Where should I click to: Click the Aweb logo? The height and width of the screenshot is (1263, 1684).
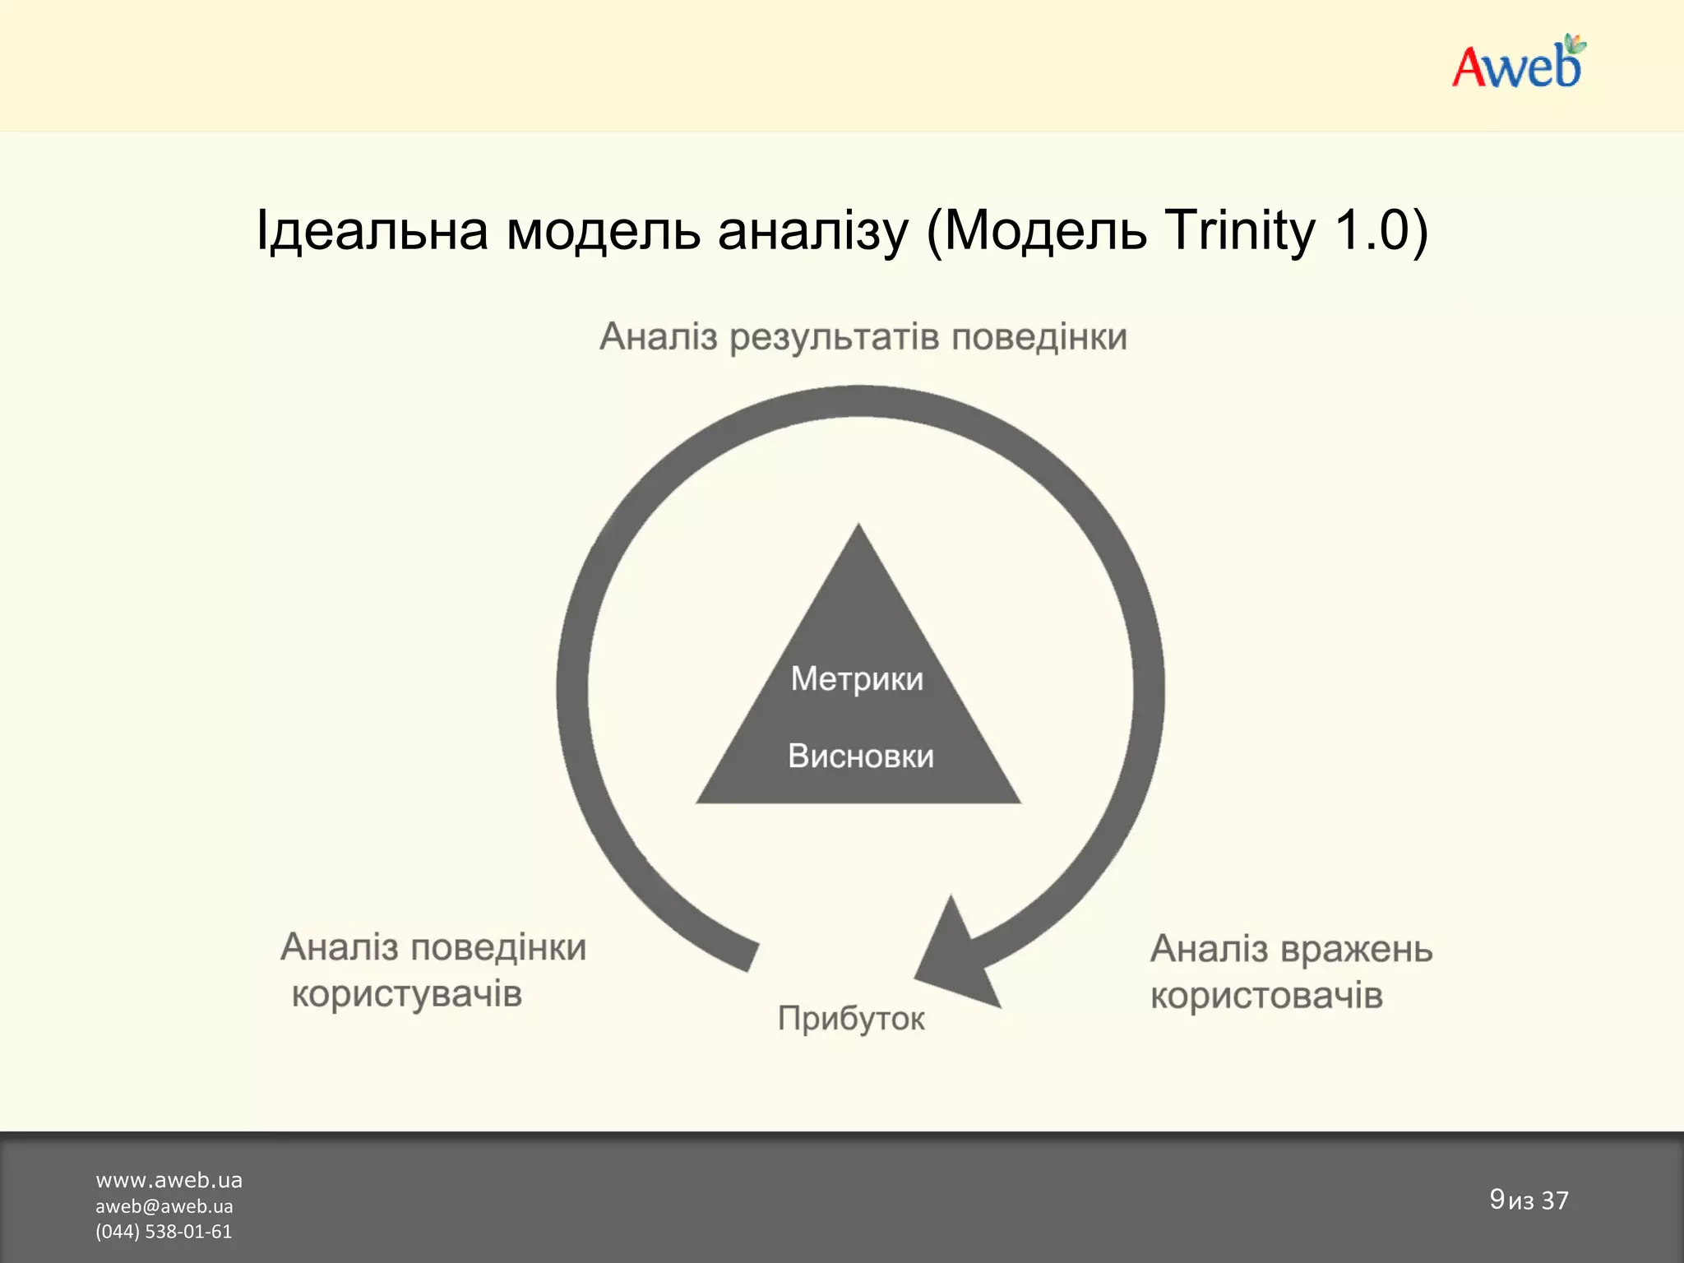pyautogui.click(x=1518, y=62)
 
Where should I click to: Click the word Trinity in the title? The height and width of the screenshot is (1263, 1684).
pyautogui.click(x=1240, y=230)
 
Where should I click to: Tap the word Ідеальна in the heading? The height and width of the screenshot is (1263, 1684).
pyautogui.click(x=372, y=230)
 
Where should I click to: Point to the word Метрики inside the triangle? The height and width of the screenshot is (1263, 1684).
pyautogui.click(x=857, y=679)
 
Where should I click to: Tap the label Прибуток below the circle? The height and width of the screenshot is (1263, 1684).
pyautogui.click(x=851, y=1019)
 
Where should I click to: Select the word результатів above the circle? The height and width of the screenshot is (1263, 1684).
pyautogui.click(x=834, y=337)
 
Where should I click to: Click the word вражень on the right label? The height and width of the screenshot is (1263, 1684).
pyautogui.click(x=1357, y=950)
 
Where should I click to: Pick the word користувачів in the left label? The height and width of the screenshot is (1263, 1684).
pyautogui.click(x=407, y=994)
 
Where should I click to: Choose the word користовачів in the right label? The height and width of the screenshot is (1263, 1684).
pyautogui.click(x=1266, y=996)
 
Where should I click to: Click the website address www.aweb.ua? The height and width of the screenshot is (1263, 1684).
pyautogui.click(x=169, y=1181)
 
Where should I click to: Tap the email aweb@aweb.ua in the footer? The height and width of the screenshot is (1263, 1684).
pyautogui.click(x=164, y=1206)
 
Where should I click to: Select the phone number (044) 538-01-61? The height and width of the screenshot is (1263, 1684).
pyautogui.click(x=164, y=1232)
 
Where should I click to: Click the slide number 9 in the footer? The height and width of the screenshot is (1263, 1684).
pyautogui.click(x=1497, y=1199)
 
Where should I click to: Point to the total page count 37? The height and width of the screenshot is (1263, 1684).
pyautogui.click(x=1554, y=1201)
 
